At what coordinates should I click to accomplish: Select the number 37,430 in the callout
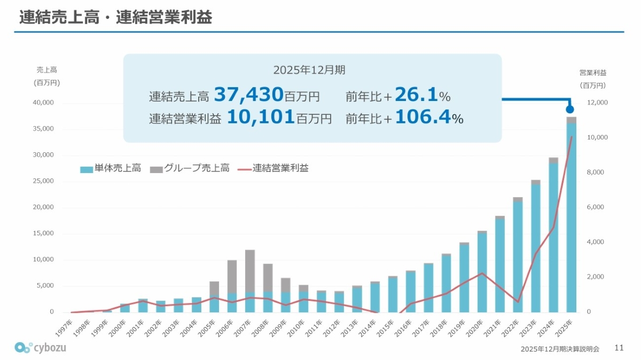click(248, 95)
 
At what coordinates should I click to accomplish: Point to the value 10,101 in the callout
click(261, 117)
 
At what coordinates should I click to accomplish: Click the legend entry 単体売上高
click(111, 168)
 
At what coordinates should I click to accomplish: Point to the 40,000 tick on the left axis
click(43, 103)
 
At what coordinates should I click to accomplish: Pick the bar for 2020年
click(482, 272)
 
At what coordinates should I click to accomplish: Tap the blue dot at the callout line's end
click(570, 109)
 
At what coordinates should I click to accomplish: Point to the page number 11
click(619, 348)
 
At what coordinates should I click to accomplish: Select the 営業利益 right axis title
click(593, 73)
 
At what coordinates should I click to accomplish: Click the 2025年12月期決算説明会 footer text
click(560, 349)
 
